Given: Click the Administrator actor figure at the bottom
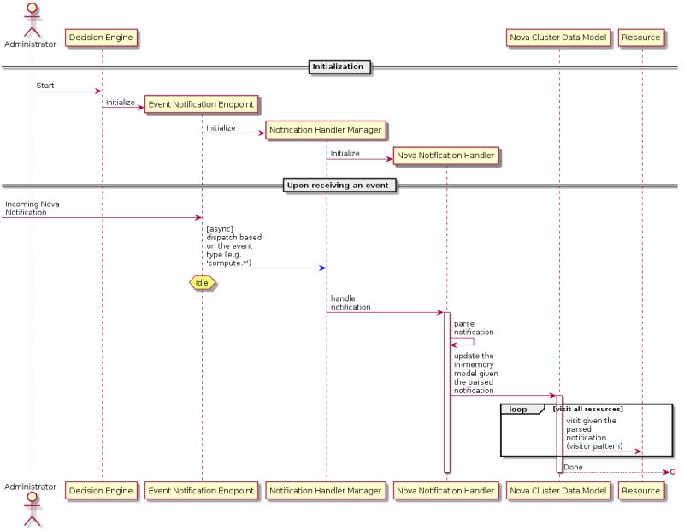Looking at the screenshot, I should (x=31, y=507).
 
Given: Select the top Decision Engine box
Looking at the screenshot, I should (x=102, y=38).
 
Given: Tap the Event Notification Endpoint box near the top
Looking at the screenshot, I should (x=201, y=104).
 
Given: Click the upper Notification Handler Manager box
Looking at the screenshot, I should (x=325, y=130).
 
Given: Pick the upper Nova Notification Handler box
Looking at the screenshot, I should (x=445, y=156).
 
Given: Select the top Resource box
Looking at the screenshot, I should (x=641, y=38).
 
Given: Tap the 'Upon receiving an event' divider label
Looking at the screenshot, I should (x=339, y=186).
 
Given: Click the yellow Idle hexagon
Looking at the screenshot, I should (x=202, y=282).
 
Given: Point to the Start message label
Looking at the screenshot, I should (x=45, y=86).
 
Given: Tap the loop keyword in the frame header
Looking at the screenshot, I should (x=518, y=410).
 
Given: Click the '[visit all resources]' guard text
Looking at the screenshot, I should (x=588, y=410).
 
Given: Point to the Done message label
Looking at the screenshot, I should (x=574, y=466).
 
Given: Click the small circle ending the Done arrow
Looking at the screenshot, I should (x=673, y=472).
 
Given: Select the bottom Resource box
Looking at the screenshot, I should (x=641, y=491).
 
